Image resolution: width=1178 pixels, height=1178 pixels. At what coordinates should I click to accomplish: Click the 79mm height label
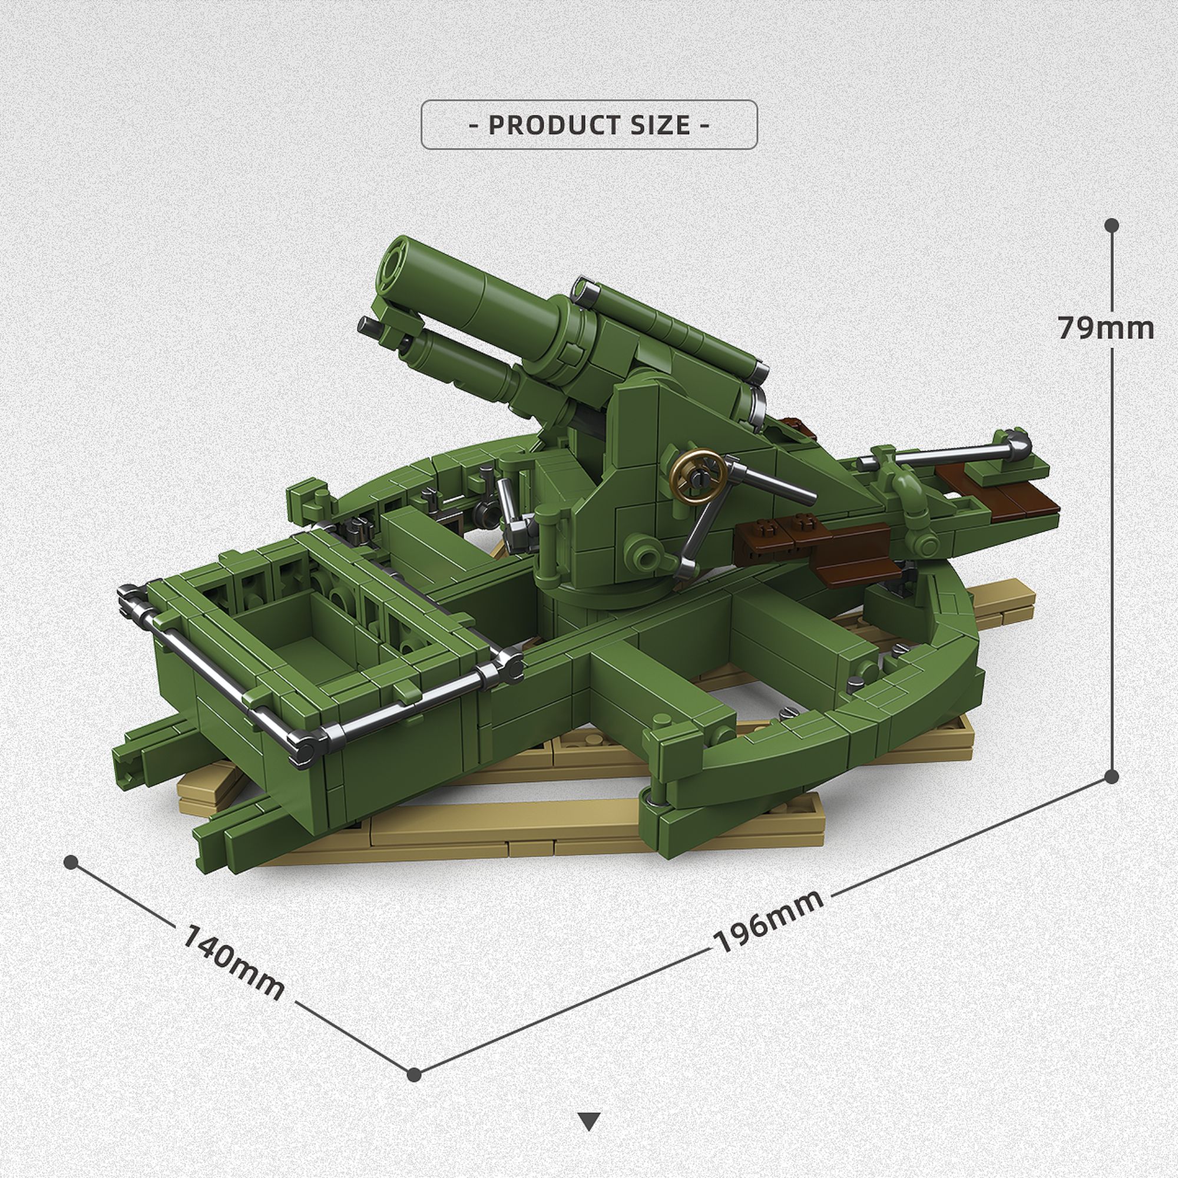point(1106,328)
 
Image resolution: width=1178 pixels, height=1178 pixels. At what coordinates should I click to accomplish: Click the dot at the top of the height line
point(1111,225)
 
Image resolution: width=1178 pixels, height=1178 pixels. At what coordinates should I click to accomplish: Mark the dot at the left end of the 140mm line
point(71,862)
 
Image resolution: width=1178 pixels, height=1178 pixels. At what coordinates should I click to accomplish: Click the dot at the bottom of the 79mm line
point(1111,776)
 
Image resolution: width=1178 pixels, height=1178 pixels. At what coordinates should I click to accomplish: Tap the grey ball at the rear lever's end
point(1017,441)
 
